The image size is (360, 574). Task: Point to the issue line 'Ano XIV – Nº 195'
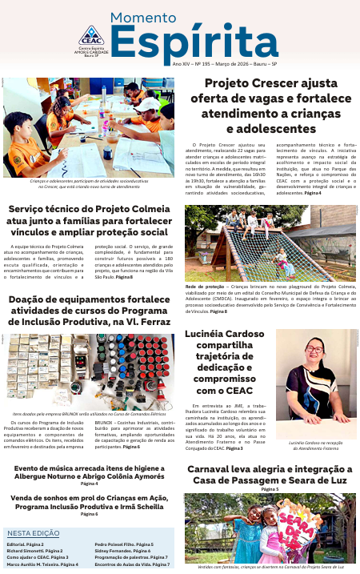(196, 62)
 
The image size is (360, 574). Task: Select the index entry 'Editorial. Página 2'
(25, 544)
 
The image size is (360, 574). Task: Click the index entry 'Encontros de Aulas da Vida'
(128, 564)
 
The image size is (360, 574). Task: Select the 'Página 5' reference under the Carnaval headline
(270, 488)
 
